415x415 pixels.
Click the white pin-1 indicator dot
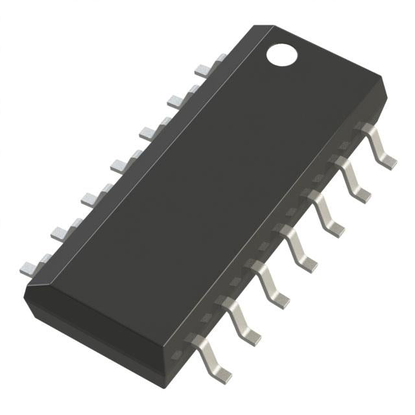[281, 55]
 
